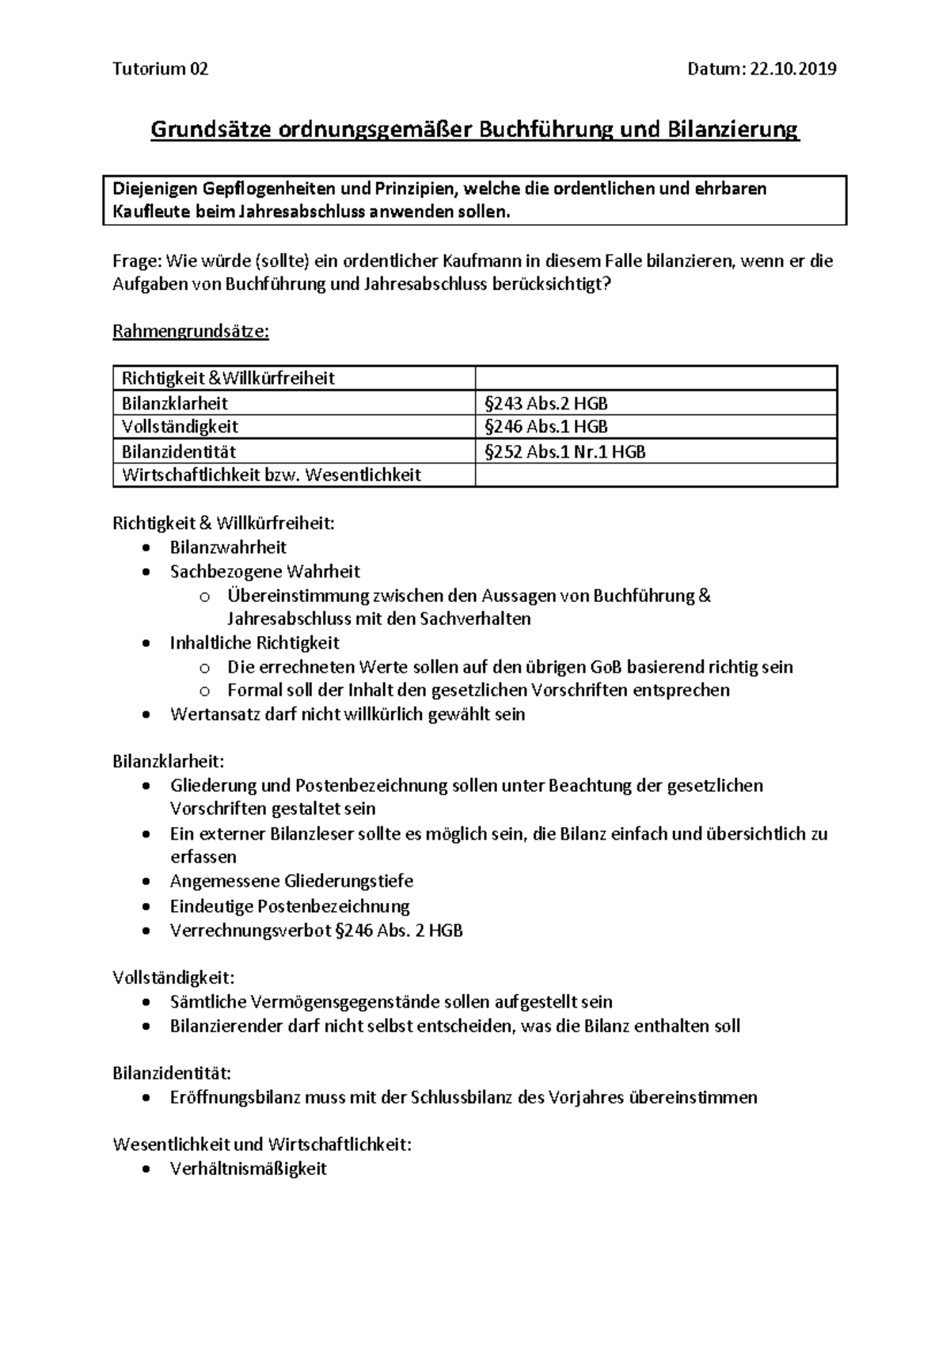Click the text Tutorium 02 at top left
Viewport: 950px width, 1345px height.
(161, 69)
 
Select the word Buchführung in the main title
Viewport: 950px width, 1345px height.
(543, 129)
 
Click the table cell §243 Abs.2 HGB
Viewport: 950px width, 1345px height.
(546, 403)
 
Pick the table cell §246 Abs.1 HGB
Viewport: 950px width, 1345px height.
(546, 427)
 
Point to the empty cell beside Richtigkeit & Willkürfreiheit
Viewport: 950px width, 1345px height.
(655, 378)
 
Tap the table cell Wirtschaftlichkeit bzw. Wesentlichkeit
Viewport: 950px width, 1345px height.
(272, 475)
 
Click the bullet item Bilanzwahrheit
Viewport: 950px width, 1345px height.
(228, 547)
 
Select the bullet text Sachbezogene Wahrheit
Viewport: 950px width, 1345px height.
(264, 572)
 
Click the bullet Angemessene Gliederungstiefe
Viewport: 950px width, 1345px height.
(291, 881)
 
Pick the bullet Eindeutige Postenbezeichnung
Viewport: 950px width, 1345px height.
(290, 905)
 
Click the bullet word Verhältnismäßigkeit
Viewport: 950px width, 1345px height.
(248, 1168)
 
